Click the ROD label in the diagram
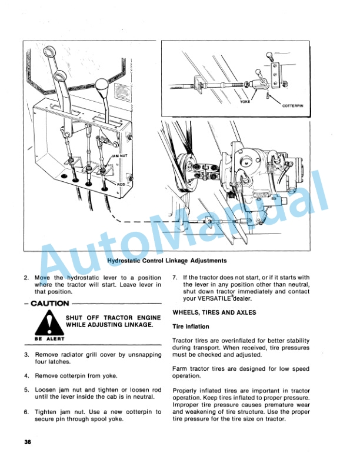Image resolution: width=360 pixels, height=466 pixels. point(121,184)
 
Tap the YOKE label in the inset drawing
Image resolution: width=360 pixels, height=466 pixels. point(245,101)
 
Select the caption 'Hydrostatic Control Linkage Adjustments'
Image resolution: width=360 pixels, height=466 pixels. point(166,260)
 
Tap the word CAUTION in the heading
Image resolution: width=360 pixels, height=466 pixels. point(47,304)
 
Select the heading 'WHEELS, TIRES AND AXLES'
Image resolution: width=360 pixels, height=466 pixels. point(214,312)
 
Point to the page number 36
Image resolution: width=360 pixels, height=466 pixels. point(28,442)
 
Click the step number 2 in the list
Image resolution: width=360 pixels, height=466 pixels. point(26,277)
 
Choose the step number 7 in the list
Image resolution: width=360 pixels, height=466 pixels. point(175,277)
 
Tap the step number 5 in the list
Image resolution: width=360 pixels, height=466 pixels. point(26,390)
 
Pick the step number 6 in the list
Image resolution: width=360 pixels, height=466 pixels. point(26,412)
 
